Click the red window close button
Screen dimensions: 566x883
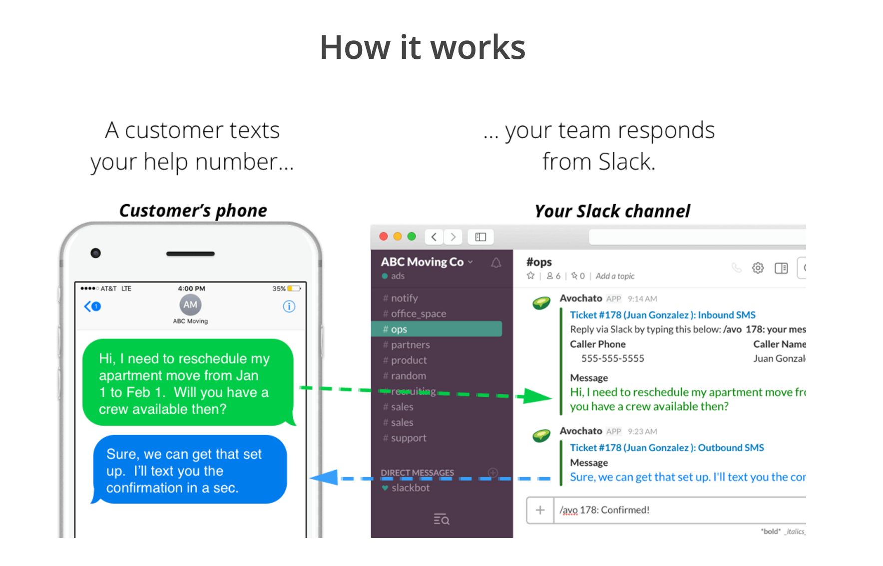(x=384, y=237)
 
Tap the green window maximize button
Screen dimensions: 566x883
(x=412, y=237)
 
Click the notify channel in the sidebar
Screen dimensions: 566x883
(x=404, y=298)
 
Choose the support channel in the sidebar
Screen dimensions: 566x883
(x=408, y=438)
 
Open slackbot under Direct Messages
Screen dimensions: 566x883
(x=410, y=488)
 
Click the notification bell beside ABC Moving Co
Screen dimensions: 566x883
(x=496, y=263)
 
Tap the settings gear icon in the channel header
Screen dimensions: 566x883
(x=758, y=268)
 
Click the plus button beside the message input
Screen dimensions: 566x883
(x=540, y=510)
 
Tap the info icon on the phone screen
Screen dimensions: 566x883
(x=289, y=306)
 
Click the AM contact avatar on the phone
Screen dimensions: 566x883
(x=190, y=305)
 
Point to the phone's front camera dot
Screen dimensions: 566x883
(x=96, y=253)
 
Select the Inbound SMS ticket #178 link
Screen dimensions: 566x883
(x=662, y=315)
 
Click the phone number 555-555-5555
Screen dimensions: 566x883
(x=612, y=358)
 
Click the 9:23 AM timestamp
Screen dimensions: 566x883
(x=642, y=432)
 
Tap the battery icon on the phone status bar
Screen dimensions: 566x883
(x=294, y=288)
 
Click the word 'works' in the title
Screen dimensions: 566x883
(x=478, y=47)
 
